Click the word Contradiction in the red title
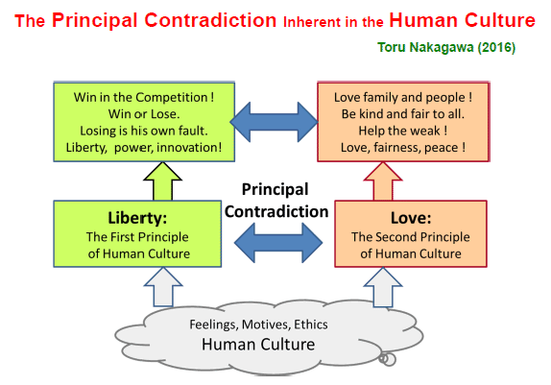point(210,20)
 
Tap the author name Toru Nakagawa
point(425,47)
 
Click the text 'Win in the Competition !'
point(144,97)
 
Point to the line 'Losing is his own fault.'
point(144,131)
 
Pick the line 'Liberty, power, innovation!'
point(144,147)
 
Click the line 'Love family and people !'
point(403,97)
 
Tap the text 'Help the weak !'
point(403,131)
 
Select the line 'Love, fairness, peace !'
point(403,147)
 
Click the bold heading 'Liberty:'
point(137,218)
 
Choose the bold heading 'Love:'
point(411,218)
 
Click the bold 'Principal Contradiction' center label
point(276,201)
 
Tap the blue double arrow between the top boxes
point(275,122)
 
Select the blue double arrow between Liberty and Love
point(278,243)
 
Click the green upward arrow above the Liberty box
point(162,181)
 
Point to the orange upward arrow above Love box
point(383,181)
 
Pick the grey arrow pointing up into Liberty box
point(163,286)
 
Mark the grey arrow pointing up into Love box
point(383,287)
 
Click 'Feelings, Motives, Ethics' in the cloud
point(258,325)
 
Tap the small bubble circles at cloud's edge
point(387,359)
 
